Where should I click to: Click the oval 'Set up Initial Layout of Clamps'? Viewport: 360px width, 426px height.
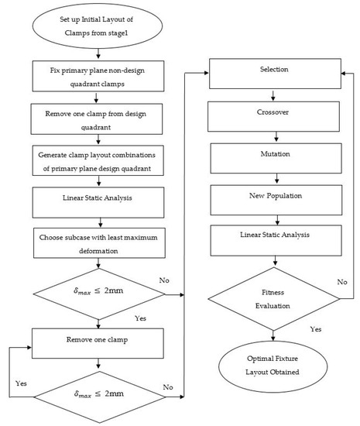pyautogui.click(x=96, y=27)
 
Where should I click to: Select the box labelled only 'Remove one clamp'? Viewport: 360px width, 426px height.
pyautogui.click(x=97, y=339)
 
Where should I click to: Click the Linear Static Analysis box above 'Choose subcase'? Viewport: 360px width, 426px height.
pyautogui.click(x=97, y=198)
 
